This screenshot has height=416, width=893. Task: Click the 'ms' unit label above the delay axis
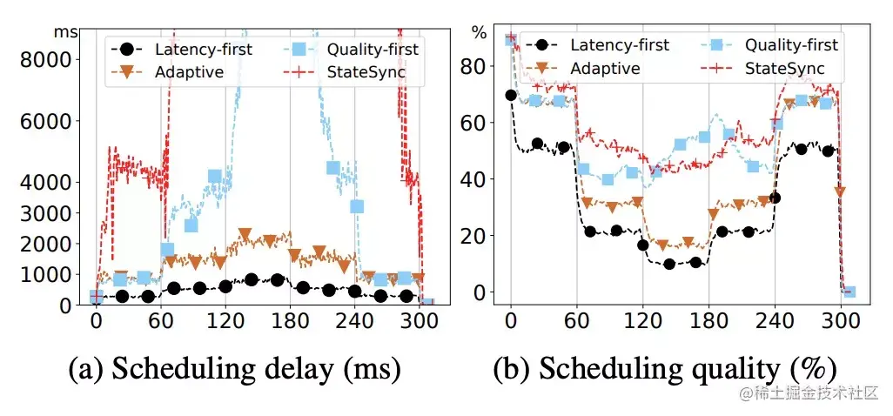[x=65, y=31]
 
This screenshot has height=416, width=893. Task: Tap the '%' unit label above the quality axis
[x=480, y=31]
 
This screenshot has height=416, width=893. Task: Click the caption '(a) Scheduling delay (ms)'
[x=235, y=370]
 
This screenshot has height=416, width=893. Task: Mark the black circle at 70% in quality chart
[x=511, y=95]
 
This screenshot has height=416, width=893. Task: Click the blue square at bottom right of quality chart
[x=849, y=292]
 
